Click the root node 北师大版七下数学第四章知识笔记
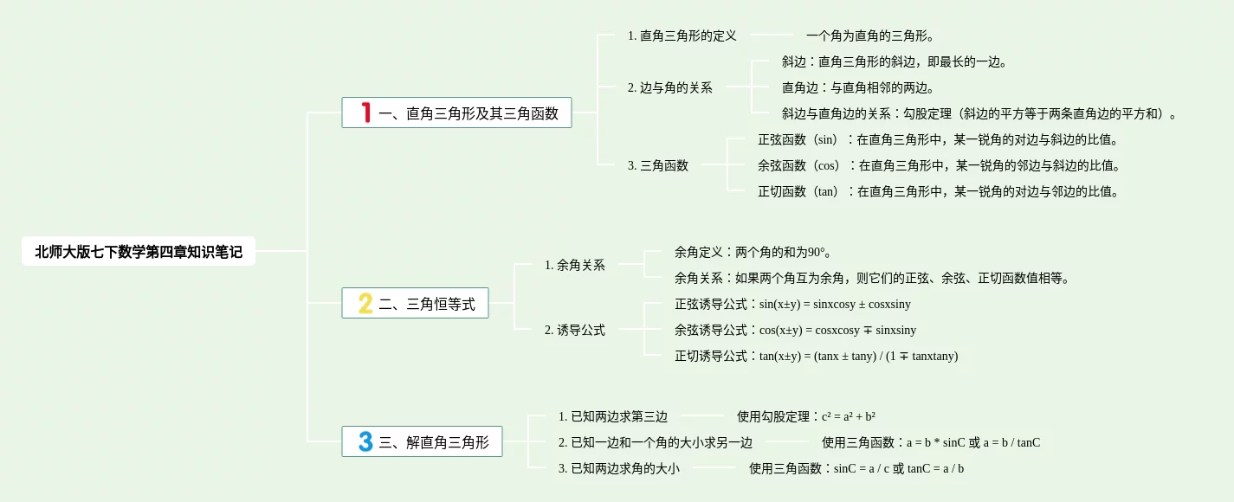click(139, 252)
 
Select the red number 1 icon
click(366, 113)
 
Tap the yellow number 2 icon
click(365, 303)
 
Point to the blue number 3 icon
click(365, 442)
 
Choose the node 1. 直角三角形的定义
click(682, 35)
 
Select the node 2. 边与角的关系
click(669, 87)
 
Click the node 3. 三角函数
click(657, 165)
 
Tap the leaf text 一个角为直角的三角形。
click(869, 35)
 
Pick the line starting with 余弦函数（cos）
click(939, 165)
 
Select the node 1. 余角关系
click(574, 265)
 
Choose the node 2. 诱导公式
click(574, 330)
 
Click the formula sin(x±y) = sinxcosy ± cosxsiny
click(835, 304)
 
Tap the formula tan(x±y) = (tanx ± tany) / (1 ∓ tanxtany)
click(858, 356)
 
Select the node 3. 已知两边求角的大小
click(618, 468)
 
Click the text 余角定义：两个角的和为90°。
click(753, 252)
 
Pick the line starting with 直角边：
click(857, 87)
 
